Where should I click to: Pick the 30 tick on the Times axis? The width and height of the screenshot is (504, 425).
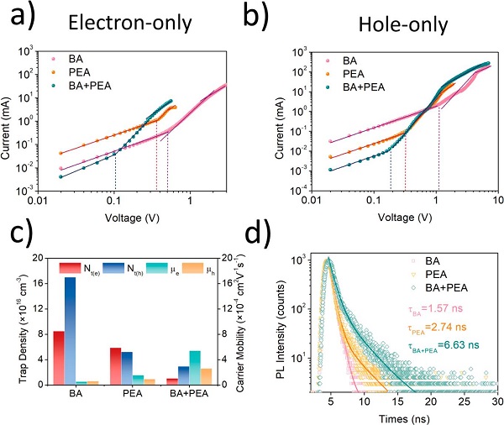tap(496, 401)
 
